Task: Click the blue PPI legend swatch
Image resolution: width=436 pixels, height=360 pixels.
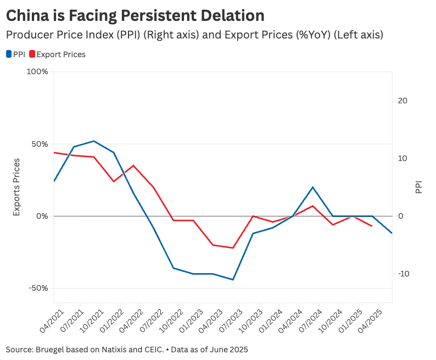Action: (x=9, y=54)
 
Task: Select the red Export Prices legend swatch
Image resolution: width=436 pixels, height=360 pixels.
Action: (x=32, y=54)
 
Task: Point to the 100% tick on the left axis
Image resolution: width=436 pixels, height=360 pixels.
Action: (x=37, y=72)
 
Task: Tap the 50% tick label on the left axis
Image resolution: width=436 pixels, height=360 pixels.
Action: (x=40, y=144)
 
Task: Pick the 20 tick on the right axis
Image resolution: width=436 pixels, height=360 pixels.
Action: (x=403, y=101)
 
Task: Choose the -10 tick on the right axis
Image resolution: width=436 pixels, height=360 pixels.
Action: (x=403, y=274)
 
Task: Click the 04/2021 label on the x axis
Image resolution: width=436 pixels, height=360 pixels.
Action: (x=51, y=322)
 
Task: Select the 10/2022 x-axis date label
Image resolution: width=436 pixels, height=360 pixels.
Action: (x=170, y=322)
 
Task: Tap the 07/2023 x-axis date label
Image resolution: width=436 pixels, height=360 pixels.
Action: (x=230, y=322)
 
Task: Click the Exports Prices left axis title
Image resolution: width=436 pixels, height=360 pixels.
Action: (x=16, y=187)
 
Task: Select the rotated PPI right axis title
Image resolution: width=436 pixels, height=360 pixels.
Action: (x=419, y=187)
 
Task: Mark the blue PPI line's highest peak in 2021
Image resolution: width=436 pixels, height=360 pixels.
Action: (x=94, y=141)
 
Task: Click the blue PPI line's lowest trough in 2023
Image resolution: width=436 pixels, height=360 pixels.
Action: (x=233, y=280)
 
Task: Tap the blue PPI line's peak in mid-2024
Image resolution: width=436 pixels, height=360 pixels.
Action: (x=312, y=187)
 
